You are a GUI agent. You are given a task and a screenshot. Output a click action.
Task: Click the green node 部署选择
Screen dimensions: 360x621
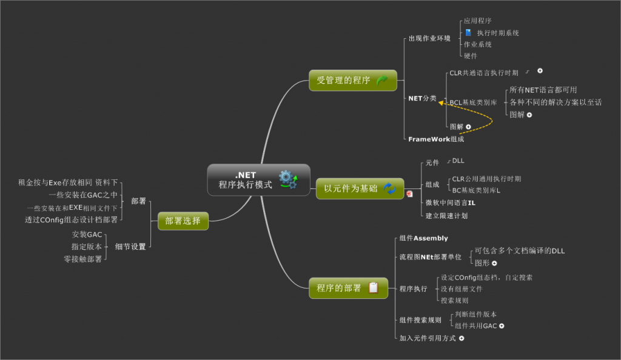pyautogui.click(x=183, y=221)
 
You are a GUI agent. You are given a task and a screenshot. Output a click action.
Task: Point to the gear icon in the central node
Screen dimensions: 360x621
pyautogui.click(x=287, y=179)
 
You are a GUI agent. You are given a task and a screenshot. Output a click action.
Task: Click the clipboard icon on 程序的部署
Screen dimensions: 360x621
pyautogui.click(x=374, y=288)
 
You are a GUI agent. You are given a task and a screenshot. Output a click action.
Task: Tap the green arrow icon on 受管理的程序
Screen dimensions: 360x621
pyautogui.click(x=382, y=80)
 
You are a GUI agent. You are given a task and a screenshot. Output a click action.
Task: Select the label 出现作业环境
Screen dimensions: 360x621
pyautogui.click(x=429, y=38)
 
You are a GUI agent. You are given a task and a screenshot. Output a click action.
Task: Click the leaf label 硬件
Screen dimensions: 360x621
pyautogui.click(x=471, y=56)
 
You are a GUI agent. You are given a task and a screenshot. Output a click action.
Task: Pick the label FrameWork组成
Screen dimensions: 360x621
pyautogui.click(x=436, y=139)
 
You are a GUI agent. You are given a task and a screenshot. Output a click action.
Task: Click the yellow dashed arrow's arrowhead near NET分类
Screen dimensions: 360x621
pyautogui.click(x=441, y=103)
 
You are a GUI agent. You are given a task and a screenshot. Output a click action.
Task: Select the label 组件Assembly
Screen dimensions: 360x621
pyautogui.click(x=424, y=238)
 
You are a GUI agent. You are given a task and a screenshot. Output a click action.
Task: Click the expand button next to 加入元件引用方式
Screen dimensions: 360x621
pyautogui.click(x=462, y=338)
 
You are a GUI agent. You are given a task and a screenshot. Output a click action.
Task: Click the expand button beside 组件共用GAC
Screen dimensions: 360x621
pyautogui.click(x=502, y=326)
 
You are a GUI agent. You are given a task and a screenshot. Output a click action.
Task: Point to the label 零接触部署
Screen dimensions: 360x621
pyautogui.click(x=83, y=259)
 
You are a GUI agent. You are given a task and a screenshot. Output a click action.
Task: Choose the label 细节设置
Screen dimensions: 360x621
pyautogui.click(x=130, y=247)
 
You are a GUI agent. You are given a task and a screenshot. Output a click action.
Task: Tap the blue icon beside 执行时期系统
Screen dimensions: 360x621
pyautogui.click(x=468, y=33)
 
